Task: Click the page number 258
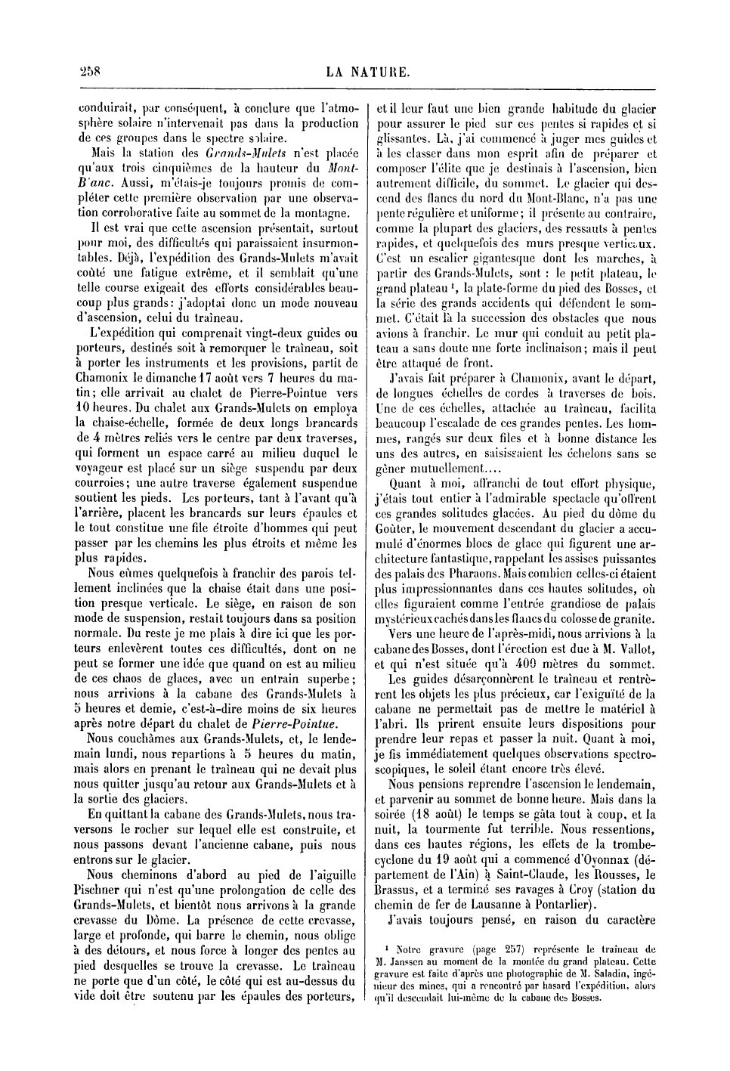[x=90, y=73]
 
